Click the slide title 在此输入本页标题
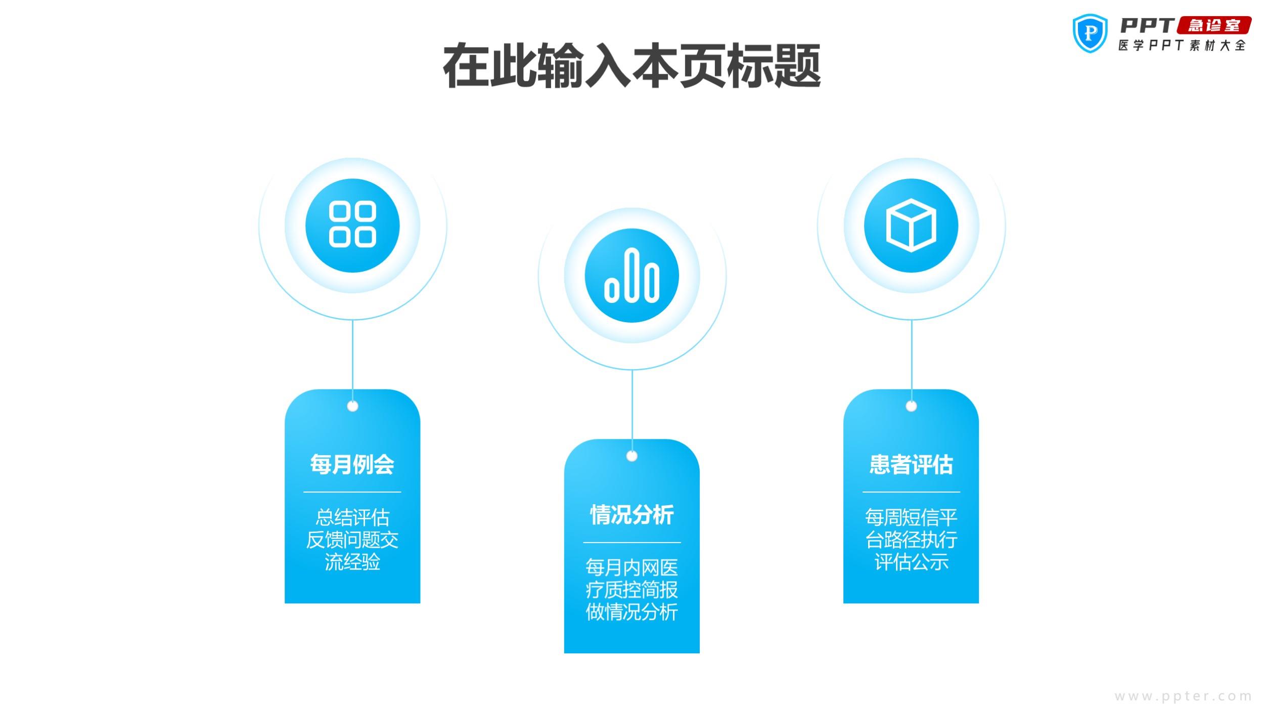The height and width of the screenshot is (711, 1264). coord(631,66)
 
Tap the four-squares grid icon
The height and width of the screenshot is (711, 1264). coord(352,225)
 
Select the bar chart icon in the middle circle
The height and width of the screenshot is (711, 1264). coord(631,275)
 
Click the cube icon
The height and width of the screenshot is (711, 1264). coord(911,225)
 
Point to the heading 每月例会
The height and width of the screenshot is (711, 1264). coord(352,464)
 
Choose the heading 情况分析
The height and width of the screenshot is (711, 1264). coord(631,515)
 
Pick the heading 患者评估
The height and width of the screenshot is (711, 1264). coord(911,464)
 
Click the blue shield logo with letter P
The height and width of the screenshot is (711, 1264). coord(1090,33)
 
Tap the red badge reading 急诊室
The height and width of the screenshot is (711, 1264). coord(1214,25)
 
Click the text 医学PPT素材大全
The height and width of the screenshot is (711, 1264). coord(1182,46)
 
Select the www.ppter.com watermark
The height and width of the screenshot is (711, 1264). coord(1183,696)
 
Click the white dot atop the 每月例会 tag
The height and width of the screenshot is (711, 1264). coord(352,406)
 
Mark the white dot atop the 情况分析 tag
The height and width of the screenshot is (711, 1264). coord(631,456)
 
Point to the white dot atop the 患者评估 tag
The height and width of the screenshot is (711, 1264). coord(911,406)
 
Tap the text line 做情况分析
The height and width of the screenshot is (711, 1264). coord(631,612)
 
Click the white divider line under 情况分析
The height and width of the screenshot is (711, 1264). coord(631,543)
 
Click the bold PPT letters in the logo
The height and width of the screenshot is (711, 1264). coord(1147,25)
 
